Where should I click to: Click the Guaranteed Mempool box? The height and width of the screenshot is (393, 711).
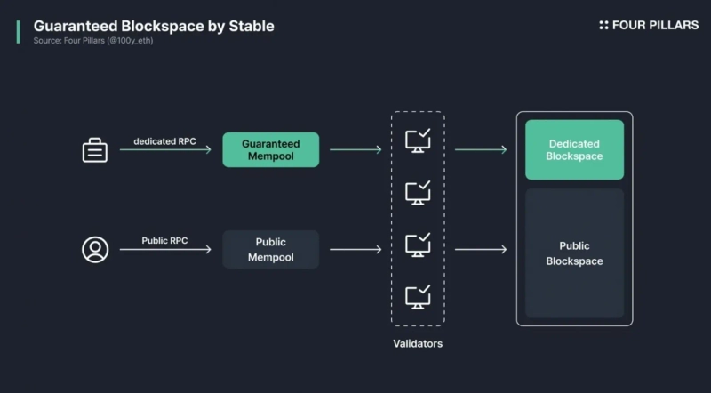(x=270, y=150)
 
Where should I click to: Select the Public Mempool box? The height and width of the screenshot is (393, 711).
(x=270, y=250)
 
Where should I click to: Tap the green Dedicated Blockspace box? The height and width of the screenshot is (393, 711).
(x=574, y=150)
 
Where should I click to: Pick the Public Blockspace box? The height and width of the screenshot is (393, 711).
(x=574, y=253)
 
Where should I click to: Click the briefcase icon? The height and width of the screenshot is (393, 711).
(x=95, y=150)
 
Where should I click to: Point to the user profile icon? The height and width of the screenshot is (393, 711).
(x=95, y=249)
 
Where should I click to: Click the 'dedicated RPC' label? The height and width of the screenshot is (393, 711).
(x=164, y=141)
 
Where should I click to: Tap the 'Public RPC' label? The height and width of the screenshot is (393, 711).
(x=164, y=241)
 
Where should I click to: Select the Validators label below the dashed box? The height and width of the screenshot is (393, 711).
(x=418, y=343)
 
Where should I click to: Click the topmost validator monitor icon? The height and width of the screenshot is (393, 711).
(x=418, y=141)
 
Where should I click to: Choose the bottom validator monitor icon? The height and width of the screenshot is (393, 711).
(x=418, y=296)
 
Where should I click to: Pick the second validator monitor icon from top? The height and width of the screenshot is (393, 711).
(x=418, y=192)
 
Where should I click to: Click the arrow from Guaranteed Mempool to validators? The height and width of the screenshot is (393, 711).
(x=355, y=150)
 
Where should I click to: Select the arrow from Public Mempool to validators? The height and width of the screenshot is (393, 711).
(x=355, y=250)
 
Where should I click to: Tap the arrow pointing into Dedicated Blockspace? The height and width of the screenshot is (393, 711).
(x=480, y=150)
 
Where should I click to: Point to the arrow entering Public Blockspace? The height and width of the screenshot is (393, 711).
(x=480, y=250)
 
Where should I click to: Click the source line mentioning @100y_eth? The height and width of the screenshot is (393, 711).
(x=93, y=41)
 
